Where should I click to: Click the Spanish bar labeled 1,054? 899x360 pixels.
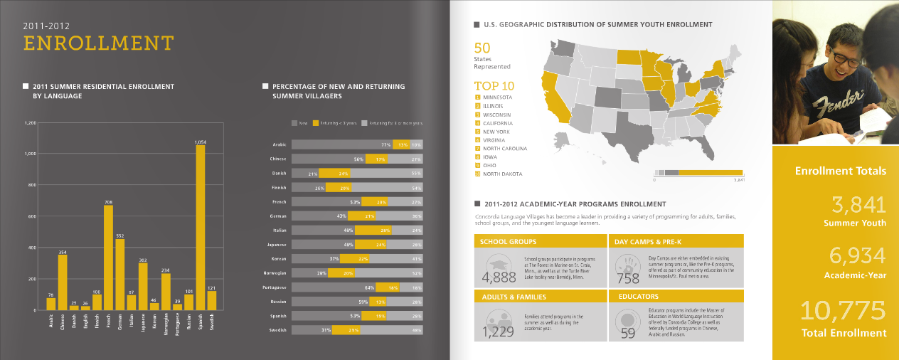pos(201,228)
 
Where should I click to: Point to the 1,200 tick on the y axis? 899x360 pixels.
pos(30,122)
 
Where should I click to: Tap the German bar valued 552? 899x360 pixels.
pos(119,274)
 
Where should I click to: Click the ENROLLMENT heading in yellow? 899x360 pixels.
pos(98,43)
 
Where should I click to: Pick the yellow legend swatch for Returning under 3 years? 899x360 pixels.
pos(316,122)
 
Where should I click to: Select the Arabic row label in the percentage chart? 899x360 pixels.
pos(280,144)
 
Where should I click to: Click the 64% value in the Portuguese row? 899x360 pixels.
pos(369,287)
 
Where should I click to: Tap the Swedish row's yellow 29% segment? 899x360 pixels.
pos(346,330)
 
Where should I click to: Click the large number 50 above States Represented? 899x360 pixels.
pos(482,48)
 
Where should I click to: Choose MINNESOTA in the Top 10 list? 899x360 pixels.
pos(498,97)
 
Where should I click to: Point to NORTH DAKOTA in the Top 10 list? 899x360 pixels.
pos(502,174)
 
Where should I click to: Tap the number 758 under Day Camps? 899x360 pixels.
pos(629,278)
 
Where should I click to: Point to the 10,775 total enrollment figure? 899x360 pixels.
pos(844,310)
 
